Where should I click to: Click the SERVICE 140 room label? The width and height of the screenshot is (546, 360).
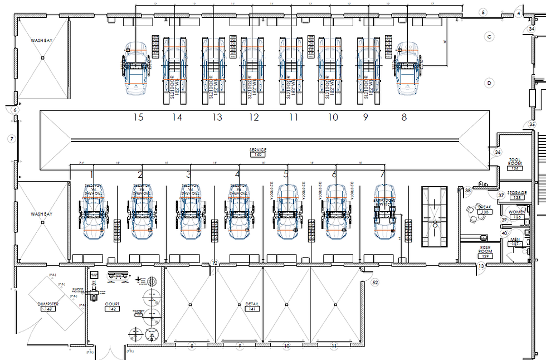click(258, 152)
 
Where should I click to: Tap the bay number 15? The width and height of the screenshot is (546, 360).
click(138, 117)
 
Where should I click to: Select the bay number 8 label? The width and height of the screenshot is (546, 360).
click(404, 117)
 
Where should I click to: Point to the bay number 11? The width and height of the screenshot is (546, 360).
click(293, 117)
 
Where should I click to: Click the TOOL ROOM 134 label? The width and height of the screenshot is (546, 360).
click(515, 163)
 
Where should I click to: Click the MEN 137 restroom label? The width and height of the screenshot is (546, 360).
click(515, 241)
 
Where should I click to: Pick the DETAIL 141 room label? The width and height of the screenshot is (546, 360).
click(252, 306)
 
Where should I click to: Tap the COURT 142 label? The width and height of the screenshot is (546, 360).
click(112, 306)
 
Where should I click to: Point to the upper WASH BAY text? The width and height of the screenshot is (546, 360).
click(42, 40)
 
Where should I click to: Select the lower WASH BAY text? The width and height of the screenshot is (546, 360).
click(42, 214)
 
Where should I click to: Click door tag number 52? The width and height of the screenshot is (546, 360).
click(375, 283)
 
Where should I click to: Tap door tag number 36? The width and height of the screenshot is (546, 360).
click(498, 152)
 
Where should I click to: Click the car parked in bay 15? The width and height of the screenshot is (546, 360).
click(133, 68)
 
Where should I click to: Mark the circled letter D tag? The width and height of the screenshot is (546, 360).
click(489, 83)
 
